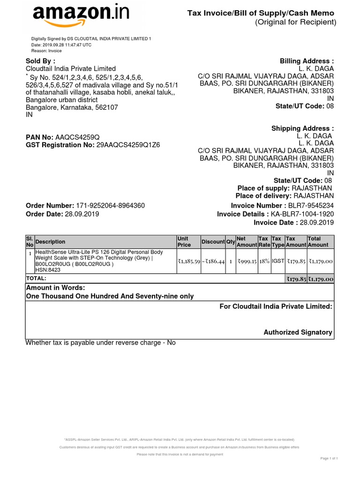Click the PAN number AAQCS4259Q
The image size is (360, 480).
[78, 137]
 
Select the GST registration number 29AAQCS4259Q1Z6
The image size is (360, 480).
[128, 145]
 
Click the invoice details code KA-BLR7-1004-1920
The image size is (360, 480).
[302, 214]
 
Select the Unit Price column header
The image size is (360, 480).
[184, 242]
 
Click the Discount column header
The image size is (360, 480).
[213, 242]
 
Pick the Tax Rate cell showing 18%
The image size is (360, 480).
[265, 261]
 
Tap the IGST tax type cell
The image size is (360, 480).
[278, 261]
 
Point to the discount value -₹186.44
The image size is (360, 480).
[213, 261]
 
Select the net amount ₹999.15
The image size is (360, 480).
[247, 261]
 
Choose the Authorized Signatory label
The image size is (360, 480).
[298, 332]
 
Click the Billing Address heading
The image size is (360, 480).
[307, 61]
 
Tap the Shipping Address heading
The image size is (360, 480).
[302, 128]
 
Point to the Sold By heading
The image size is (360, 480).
[40, 61]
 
